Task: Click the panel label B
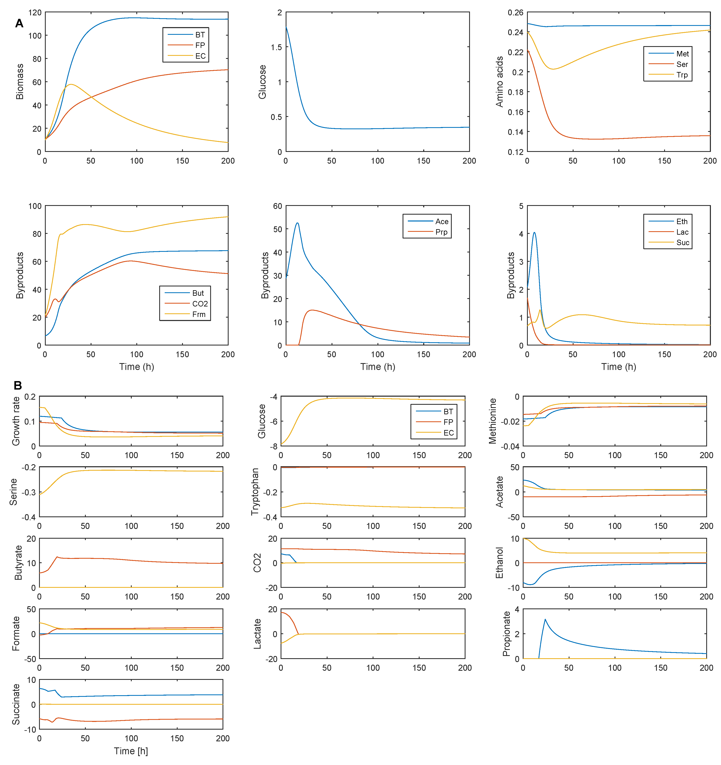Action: pyautogui.click(x=18, y=385)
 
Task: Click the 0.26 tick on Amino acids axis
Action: pyautogui.click(x=515, y=13)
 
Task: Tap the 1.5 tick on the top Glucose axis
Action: pyautogui.click(x=276, y=47)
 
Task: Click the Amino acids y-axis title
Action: pyautogui.click(x=499, y=82)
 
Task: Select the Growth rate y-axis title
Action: pyautogui.click(x=16, y=421)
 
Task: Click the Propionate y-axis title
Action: pyautogui.click(x=506, y=633)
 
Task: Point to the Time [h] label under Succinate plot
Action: pyautogui.click(x=131, y=751)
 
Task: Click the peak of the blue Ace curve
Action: pyautogui.click(x=297, y=223)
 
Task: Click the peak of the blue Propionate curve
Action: pyautogui.click(x=545, y=619)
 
